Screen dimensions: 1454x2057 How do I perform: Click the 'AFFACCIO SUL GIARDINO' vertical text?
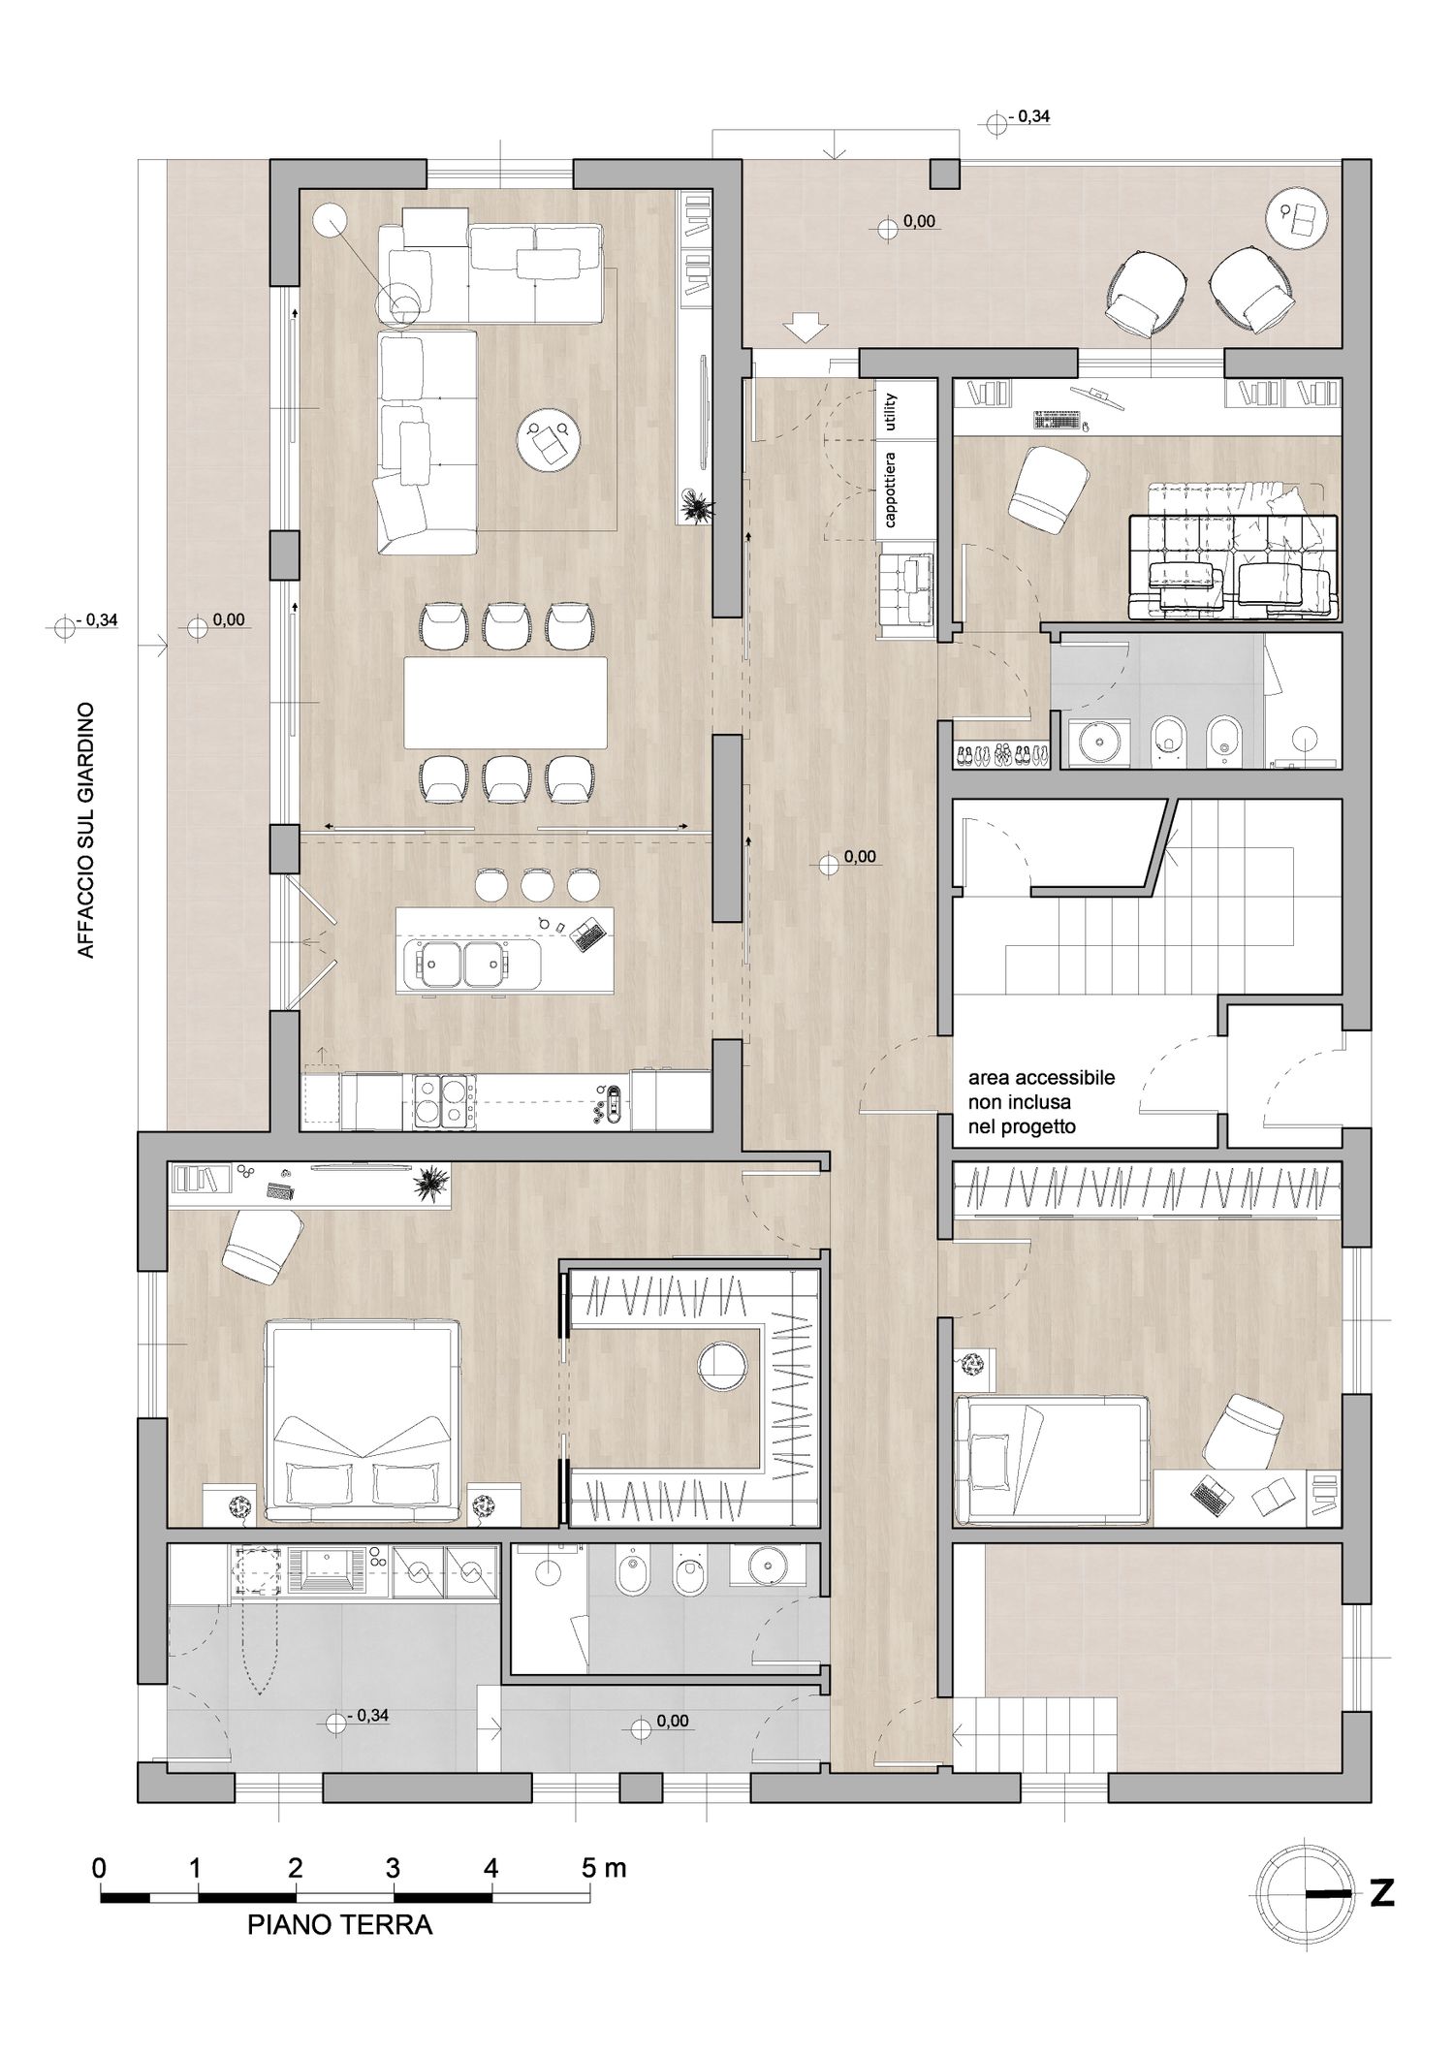point(86,831)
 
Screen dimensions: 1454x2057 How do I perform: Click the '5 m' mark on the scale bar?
point(604,1868)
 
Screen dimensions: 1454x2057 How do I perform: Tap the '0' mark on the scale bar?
point(100,1868)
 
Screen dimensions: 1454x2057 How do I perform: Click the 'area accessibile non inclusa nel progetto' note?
point(1042,1102)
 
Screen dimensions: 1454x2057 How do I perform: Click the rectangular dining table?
point(506,703)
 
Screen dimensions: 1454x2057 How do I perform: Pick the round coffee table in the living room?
point(549,442)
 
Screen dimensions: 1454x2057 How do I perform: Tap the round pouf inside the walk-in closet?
point(723,1365)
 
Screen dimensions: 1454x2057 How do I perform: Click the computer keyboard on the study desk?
point(1057,420)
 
